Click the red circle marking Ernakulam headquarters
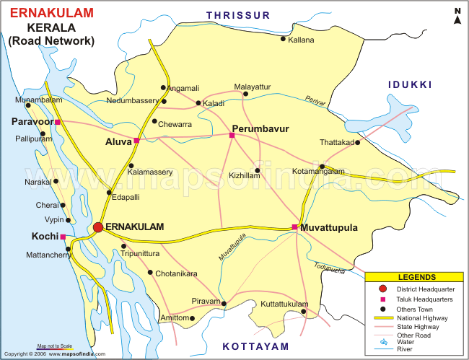97,227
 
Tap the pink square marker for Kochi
63,237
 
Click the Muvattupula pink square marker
294,227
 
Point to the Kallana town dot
283,39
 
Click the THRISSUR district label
237,14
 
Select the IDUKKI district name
409,85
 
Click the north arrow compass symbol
457,16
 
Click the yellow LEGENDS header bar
416,277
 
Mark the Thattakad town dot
358,142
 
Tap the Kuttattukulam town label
284,304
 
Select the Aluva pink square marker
136,141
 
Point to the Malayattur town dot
245,94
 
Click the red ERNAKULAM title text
51,14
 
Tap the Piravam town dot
224,303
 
